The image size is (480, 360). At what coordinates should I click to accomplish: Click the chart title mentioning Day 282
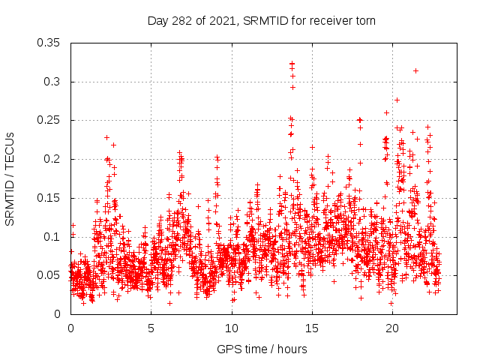261,20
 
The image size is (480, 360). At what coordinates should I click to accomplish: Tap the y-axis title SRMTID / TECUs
10,178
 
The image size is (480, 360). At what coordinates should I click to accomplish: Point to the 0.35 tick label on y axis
49,43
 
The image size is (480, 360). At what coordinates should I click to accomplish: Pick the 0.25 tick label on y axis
49,120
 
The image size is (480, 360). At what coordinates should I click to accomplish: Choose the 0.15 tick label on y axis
49,198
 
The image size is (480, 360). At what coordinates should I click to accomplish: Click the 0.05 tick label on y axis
49,275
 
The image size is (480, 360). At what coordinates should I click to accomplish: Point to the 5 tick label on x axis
151,328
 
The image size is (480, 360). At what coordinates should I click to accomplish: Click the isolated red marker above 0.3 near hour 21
415,70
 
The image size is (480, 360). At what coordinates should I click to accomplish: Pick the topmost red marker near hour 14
292,64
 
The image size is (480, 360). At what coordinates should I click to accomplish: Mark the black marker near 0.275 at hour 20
397,100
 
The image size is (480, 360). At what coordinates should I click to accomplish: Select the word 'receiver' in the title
327,20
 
